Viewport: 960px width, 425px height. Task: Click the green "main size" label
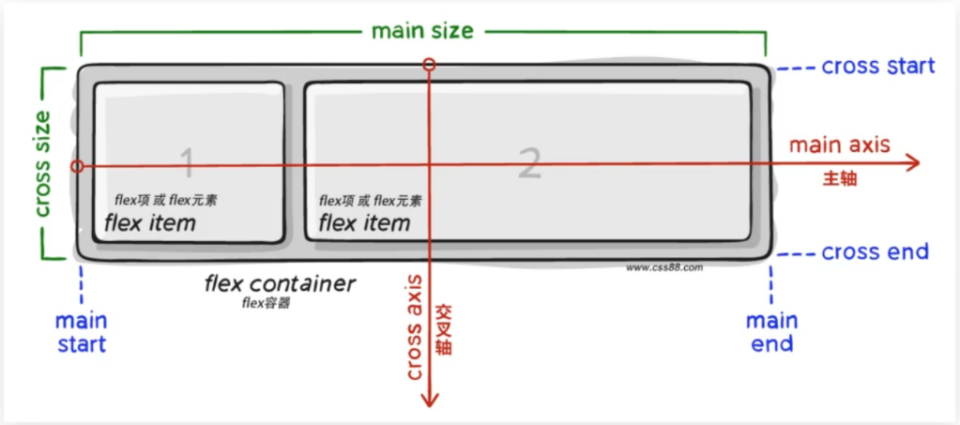[x=422, y=31]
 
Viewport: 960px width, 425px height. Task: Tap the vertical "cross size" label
[x=42, y=163]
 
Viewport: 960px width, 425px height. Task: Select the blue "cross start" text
[x=878, y=66]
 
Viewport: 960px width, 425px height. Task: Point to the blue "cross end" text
[x=875, y=251]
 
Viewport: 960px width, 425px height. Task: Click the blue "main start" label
[x=82, y=332]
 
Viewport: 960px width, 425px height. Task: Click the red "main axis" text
[x=839, y=145]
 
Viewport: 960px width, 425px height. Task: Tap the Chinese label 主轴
[x=839, y=179]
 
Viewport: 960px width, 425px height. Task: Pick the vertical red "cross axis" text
[x=416, y=327]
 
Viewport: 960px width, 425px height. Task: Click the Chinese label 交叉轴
[x=444, y=328]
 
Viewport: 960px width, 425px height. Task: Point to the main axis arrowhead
[x=912, y=163]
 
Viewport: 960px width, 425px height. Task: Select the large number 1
[x=188, y=164]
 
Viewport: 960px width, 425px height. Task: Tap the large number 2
[x=529, y=164]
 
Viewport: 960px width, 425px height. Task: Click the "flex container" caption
[x=280, y=285]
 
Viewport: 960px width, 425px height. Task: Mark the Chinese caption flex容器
[x=266, y=302]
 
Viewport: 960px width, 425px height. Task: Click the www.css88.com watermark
[x=664, y=267]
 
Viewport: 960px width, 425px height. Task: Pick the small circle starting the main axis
[x=77, y=166]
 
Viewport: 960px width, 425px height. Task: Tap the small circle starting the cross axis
[x=429, y=65]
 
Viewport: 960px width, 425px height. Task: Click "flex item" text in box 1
[x=150, y=223]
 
